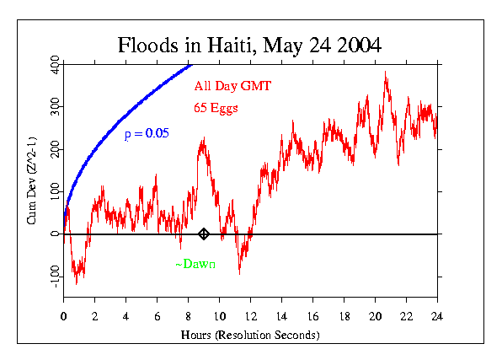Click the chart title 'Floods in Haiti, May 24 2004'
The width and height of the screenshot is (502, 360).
(x=250, y=45)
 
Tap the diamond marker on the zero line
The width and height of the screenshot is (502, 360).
(x=204, y=234)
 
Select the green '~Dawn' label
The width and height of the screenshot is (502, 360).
(x=195, y=265)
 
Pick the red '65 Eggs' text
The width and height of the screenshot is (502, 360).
(x=216, y=107)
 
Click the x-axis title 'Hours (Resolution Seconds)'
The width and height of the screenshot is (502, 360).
(x=251, y=335)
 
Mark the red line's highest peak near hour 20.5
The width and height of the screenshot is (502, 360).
(x=386, y=73)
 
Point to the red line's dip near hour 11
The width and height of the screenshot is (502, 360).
(x=239, y=272)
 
